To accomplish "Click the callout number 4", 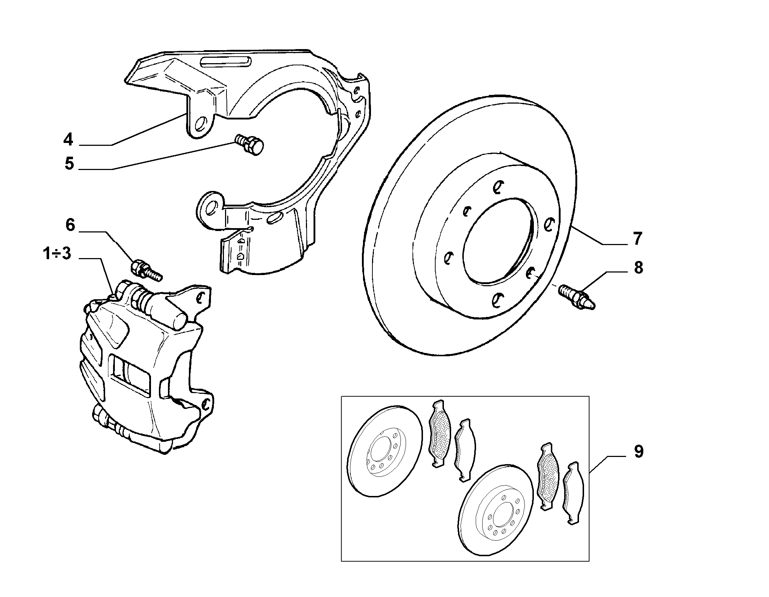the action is tap(68, 139).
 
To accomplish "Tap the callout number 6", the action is tap(70, 225).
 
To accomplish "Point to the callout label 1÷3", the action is tap(57, 254).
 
